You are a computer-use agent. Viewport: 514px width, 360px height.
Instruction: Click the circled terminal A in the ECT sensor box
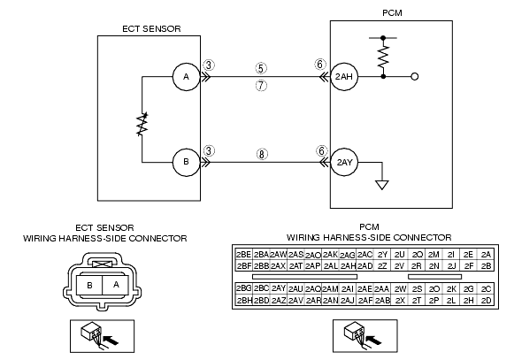coord(186,77)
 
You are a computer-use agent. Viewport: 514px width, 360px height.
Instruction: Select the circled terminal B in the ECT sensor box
coord(186,162)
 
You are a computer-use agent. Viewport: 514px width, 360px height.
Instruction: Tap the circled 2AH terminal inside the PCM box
coord(344,77)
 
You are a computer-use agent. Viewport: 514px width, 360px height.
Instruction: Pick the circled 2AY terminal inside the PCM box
coord(344,162)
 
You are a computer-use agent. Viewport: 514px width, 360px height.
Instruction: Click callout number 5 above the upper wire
coord(261,68)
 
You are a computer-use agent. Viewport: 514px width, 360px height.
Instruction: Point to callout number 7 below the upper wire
coord(261,86)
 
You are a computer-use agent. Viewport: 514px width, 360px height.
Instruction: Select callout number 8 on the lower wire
coord(262,154)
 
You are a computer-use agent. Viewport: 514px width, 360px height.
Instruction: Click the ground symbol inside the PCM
coord(382,185)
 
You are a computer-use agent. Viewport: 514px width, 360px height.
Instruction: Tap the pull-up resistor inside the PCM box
coord(383,57)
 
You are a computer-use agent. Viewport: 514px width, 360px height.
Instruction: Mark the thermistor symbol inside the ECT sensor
coord(142,124)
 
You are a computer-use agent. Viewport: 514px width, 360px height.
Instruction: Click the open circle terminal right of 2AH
coord(415,77)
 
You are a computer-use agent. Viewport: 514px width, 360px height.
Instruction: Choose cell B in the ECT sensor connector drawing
coord(89,285)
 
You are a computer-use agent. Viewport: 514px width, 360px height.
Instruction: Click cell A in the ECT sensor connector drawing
coord(116,285)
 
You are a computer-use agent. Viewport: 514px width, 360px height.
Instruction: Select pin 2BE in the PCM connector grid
coord(244,255)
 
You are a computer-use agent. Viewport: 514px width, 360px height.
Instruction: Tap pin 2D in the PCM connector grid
coord(487,301)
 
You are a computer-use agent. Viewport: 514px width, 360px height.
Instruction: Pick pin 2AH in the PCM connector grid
coord(348,266)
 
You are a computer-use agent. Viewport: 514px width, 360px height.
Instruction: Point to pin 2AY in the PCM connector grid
coord(279,288)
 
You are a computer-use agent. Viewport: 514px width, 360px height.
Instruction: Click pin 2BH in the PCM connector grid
coord(244,301)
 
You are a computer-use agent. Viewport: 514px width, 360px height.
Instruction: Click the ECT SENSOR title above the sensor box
coord(151,29)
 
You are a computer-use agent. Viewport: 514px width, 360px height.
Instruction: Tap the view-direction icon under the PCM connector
coord(365,336)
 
